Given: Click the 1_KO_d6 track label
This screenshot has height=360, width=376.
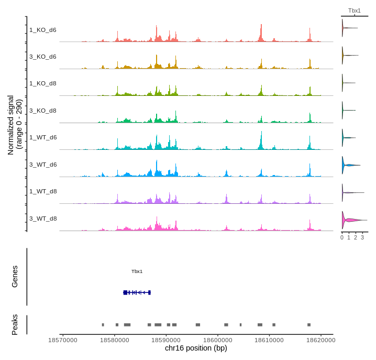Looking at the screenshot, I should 43,30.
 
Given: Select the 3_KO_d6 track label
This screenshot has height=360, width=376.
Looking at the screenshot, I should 43,57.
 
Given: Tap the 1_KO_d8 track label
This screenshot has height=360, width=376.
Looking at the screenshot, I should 43,83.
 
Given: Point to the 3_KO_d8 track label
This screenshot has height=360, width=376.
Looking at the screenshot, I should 43,111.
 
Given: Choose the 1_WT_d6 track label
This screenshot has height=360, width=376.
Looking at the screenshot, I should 43,137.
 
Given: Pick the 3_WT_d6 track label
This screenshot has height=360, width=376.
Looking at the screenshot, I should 43,165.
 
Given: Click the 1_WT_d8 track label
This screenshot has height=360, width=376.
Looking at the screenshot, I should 43,191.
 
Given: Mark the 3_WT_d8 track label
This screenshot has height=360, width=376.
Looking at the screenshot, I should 43,219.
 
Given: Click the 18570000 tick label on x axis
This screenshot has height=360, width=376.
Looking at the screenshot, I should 63,340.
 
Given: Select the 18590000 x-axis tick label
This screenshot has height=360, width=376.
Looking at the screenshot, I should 166,340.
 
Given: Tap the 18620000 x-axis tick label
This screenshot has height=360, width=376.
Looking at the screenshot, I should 320,340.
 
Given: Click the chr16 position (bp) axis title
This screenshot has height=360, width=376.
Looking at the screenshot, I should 196,348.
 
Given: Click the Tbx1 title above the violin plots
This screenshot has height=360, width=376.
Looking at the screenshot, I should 355,10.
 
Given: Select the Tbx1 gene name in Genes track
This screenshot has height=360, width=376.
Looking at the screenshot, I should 137,271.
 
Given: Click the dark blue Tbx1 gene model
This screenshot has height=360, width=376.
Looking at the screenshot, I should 137,292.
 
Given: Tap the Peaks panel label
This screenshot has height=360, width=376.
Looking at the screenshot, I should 15,325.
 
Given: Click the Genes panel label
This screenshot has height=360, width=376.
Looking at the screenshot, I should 15,277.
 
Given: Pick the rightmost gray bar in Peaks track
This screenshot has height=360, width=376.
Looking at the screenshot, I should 309,325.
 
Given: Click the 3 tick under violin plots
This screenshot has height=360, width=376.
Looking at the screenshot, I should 362,237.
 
